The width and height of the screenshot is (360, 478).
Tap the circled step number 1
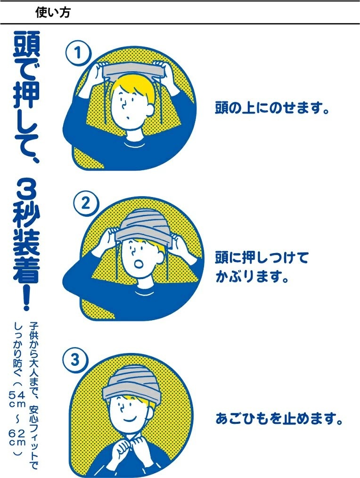78,53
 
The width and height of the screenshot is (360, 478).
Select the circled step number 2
86,203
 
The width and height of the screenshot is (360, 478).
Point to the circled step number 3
75,360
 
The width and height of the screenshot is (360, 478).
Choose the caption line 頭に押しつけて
262,257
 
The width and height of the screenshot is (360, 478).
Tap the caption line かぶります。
252,276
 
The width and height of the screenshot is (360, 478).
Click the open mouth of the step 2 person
139,263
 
